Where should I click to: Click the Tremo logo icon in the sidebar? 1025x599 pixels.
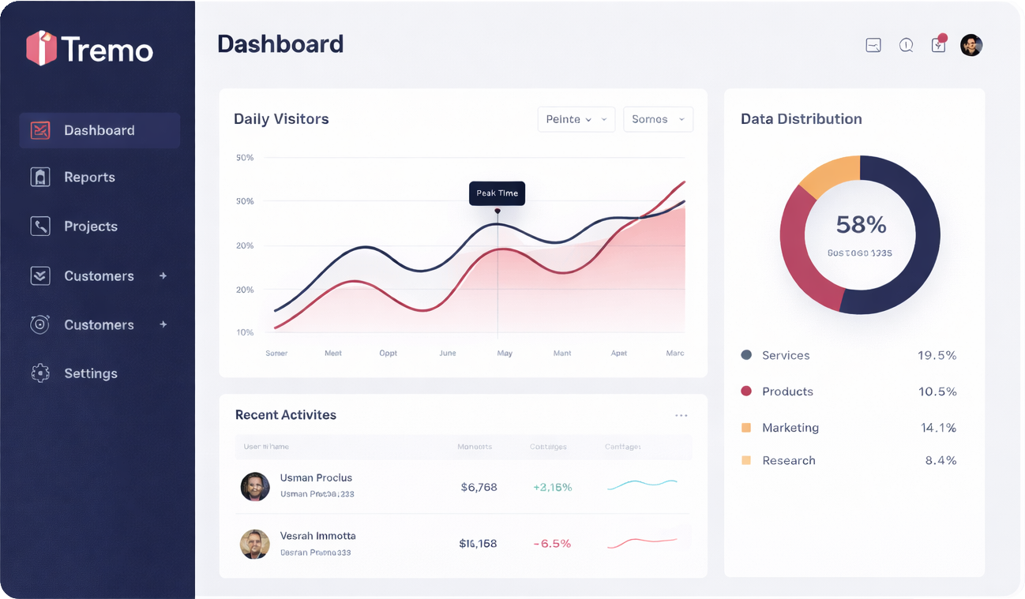point(41,48)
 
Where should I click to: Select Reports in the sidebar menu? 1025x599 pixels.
point(89,178)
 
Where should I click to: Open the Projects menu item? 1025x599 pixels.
point(90,226)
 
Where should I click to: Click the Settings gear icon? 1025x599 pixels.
point(40,373)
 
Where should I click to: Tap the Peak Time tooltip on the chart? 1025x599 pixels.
point(497,193)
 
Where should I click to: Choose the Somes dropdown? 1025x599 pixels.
point(658,119)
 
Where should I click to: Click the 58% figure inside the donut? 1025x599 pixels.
point(861,225)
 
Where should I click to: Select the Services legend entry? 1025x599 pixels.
point(785,355)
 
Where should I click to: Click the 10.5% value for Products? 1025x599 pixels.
point(937,391)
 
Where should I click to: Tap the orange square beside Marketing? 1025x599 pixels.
point(746,428)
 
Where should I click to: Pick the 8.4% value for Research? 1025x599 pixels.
point(941,460)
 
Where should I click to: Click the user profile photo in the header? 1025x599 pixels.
point(971,45)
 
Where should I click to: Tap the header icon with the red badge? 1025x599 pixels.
point(938,44)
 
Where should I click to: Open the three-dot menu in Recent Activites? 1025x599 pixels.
point(681,415)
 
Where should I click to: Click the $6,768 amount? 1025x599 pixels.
point(479,487)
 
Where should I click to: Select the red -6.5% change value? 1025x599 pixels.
point(552,544)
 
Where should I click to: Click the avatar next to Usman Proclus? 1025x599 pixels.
point(255,487)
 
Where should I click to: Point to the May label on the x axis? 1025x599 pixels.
point(505,353)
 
